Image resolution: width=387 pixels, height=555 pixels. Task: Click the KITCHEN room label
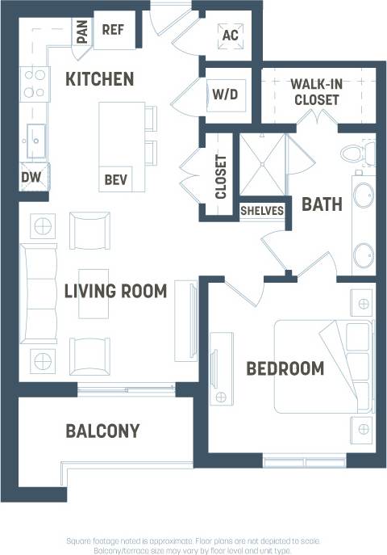point(99,79)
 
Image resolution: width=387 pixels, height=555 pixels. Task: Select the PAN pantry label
point(82,32)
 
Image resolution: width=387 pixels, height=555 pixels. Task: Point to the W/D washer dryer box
point(225,95)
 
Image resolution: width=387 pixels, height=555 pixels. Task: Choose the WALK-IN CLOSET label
point(315,92)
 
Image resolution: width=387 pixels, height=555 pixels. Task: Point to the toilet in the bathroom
point(355,152)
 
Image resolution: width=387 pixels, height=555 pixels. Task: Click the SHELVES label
point(262,211)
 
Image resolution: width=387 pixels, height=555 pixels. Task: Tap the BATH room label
point(321,204)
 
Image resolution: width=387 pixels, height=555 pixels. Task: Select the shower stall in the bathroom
point(263,166)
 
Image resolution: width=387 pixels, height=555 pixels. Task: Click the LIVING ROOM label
point(115,291)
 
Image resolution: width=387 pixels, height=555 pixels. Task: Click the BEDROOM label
point(285,369)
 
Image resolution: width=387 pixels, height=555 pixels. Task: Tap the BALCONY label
point(102,431)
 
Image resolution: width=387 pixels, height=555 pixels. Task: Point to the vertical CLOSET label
point(220,177)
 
